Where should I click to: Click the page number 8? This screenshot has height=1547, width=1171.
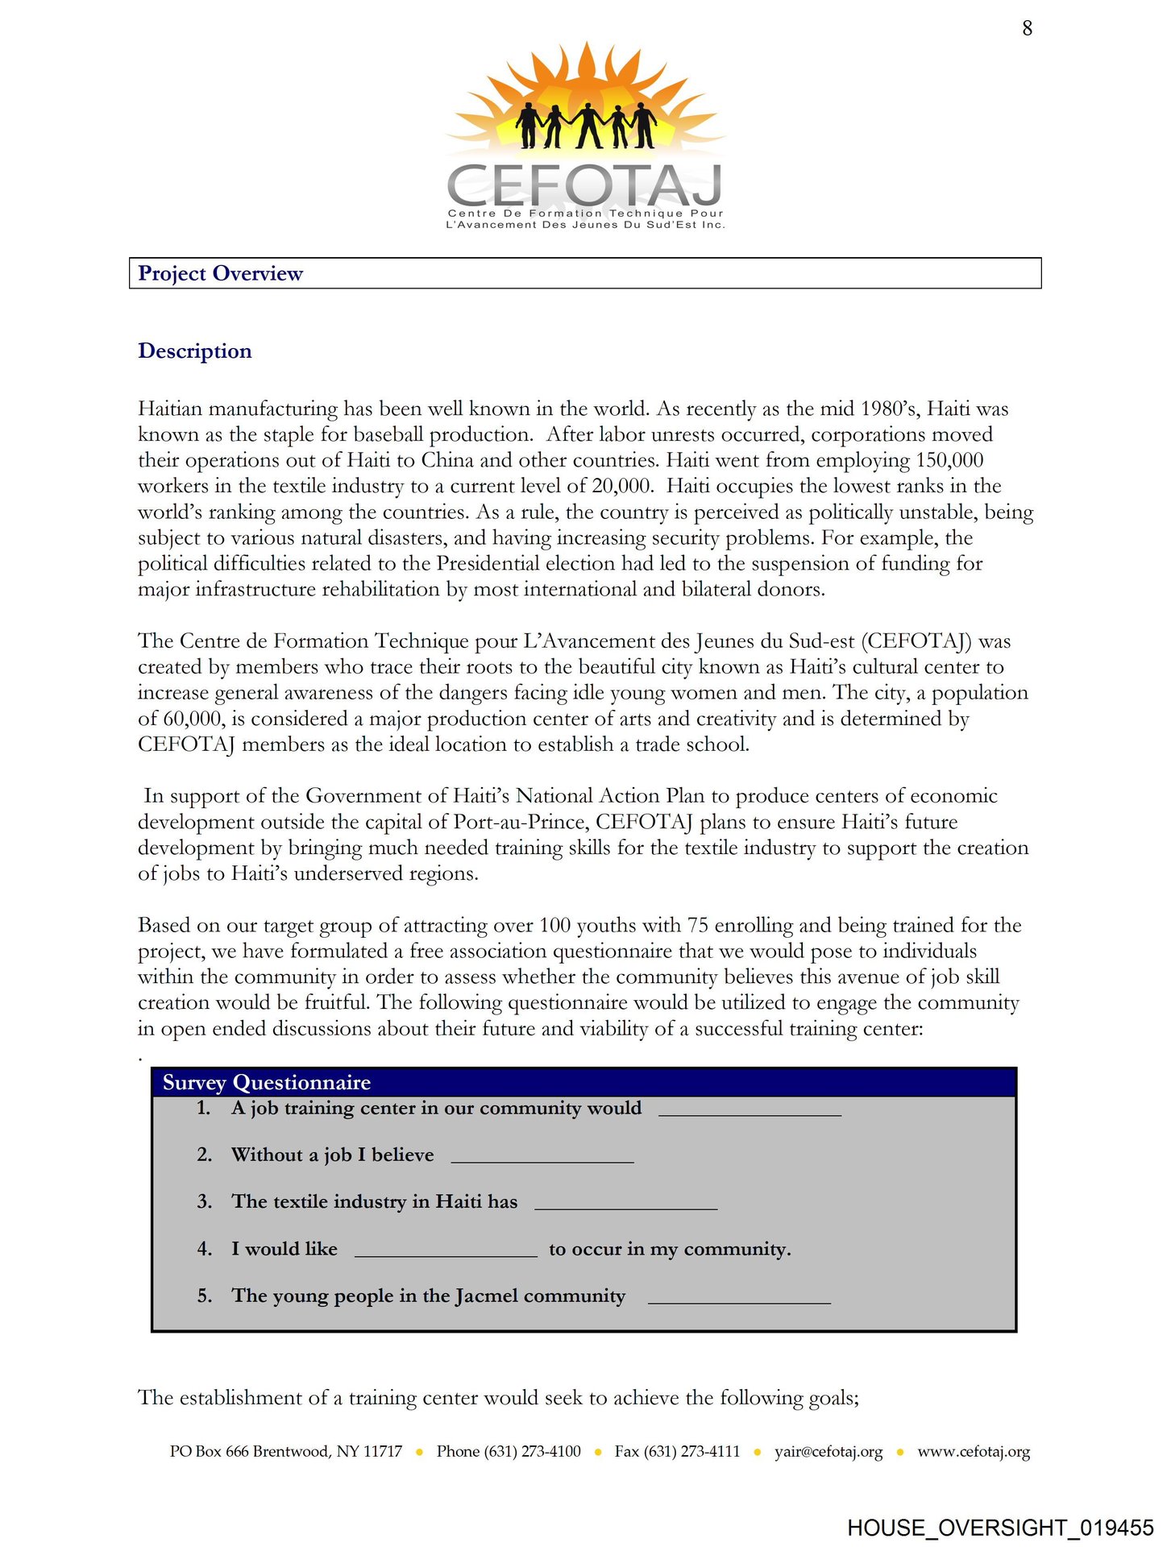(x=1027, y=29)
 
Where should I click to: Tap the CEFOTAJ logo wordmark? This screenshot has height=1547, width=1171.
(x=585, y=185)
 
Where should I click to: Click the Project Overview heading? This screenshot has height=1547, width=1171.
(x=220, y=274)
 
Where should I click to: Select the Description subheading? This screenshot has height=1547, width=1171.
(x=195, y=351)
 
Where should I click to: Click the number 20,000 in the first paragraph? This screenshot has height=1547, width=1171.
(x=621, y=487)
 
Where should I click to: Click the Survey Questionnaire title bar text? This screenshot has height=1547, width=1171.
(x=267, y=1083)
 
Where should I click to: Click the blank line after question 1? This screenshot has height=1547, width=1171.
(x=750, y=1112)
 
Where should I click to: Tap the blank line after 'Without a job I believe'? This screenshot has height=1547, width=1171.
(x=542, y=1159)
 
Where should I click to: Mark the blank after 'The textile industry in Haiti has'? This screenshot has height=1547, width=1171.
(x=626, y=1205)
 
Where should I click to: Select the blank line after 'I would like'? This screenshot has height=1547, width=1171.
(x=446, y=1252)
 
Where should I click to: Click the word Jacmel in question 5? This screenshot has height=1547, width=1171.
(x=487, y=1296)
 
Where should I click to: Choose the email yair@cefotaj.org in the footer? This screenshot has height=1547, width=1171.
(x=828, y=1452)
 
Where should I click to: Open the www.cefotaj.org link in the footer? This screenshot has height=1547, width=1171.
(x=974, y=1452)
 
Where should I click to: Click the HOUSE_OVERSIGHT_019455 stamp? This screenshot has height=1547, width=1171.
(x=1000, y=1528)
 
